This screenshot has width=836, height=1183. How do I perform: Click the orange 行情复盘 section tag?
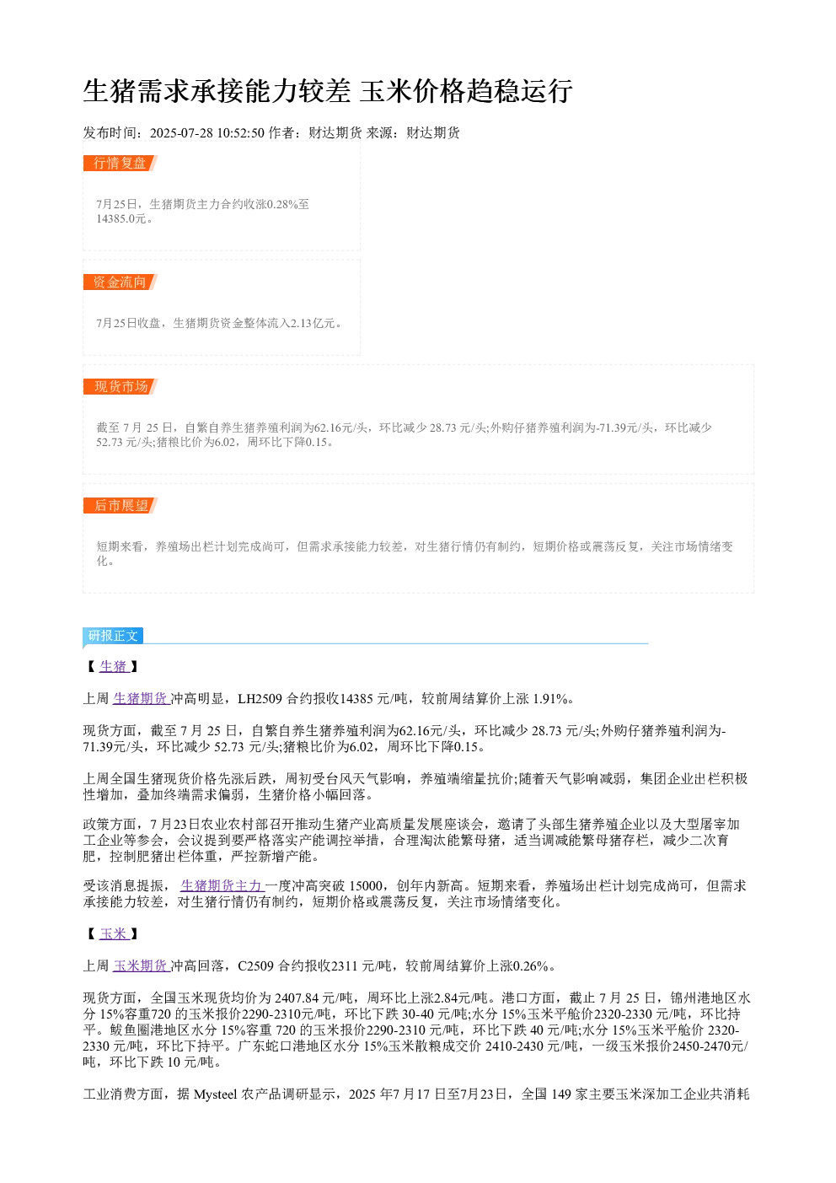coord(121,163)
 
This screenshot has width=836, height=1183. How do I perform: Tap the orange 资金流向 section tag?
coord(121,282)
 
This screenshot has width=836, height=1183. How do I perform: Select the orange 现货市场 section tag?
coord(121,386)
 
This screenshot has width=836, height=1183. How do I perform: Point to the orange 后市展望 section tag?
coord(121,505)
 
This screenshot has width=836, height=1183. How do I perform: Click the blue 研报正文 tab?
coord(113,635)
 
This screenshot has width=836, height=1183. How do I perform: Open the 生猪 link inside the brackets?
coord(114,666)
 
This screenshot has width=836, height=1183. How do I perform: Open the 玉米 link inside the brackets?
coord(114,933)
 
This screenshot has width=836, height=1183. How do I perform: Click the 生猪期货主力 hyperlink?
coord(222,885)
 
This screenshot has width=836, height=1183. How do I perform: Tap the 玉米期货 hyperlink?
coord(142,966)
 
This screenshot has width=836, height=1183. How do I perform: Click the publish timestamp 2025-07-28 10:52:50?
coord(206,132)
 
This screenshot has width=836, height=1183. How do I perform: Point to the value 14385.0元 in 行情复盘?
coord(121,218)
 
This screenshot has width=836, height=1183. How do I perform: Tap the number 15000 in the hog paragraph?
coord(366,885)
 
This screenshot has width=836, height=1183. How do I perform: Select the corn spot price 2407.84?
coord(297,997)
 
